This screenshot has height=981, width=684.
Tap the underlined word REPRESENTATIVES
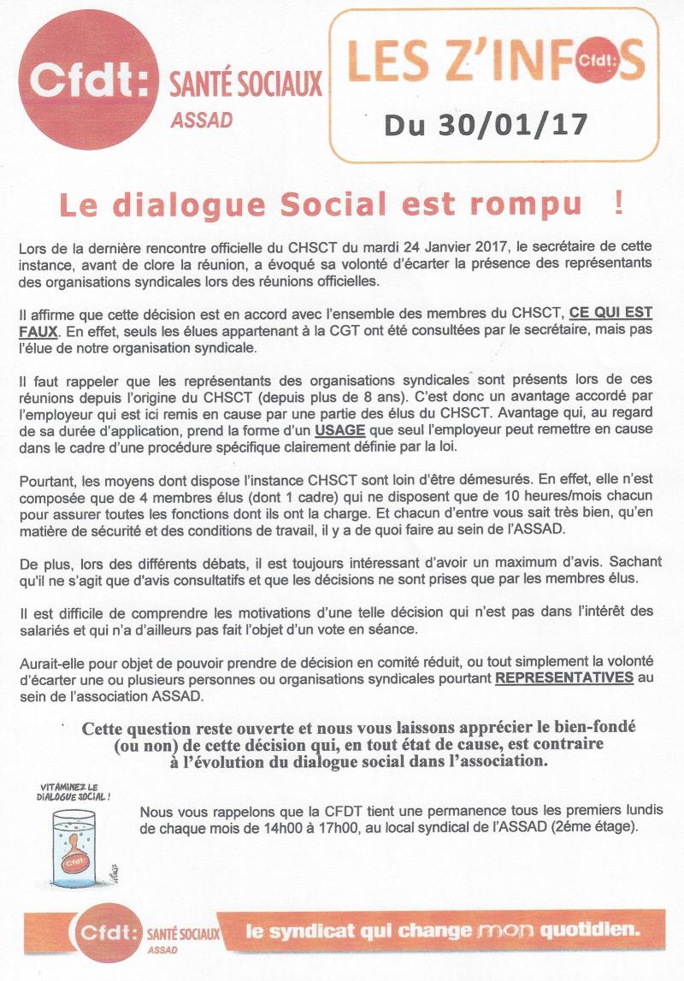pos(564,677)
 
